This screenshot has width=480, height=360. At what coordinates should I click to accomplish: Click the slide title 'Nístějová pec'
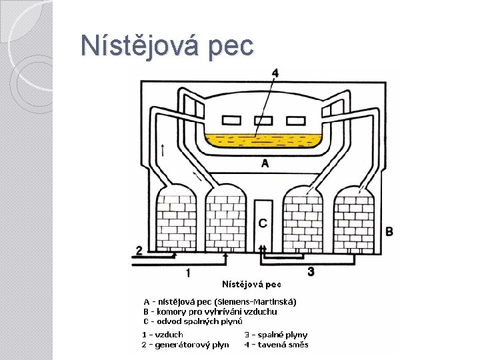[167, 46]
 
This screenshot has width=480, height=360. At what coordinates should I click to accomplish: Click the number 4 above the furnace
[275, 73]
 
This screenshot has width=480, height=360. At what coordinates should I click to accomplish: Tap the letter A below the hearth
[265, 163]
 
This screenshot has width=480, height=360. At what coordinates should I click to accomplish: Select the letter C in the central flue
[263, 222]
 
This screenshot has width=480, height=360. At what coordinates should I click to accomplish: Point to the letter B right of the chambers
[389, 231]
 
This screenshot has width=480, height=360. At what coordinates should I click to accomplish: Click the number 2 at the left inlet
[139, 250]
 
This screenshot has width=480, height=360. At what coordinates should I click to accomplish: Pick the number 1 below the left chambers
[188, 272]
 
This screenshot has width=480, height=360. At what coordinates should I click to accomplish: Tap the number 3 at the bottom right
[311, 271]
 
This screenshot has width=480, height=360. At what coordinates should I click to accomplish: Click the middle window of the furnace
[264, 121]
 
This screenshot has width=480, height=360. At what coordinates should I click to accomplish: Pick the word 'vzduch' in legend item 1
[169, 334]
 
